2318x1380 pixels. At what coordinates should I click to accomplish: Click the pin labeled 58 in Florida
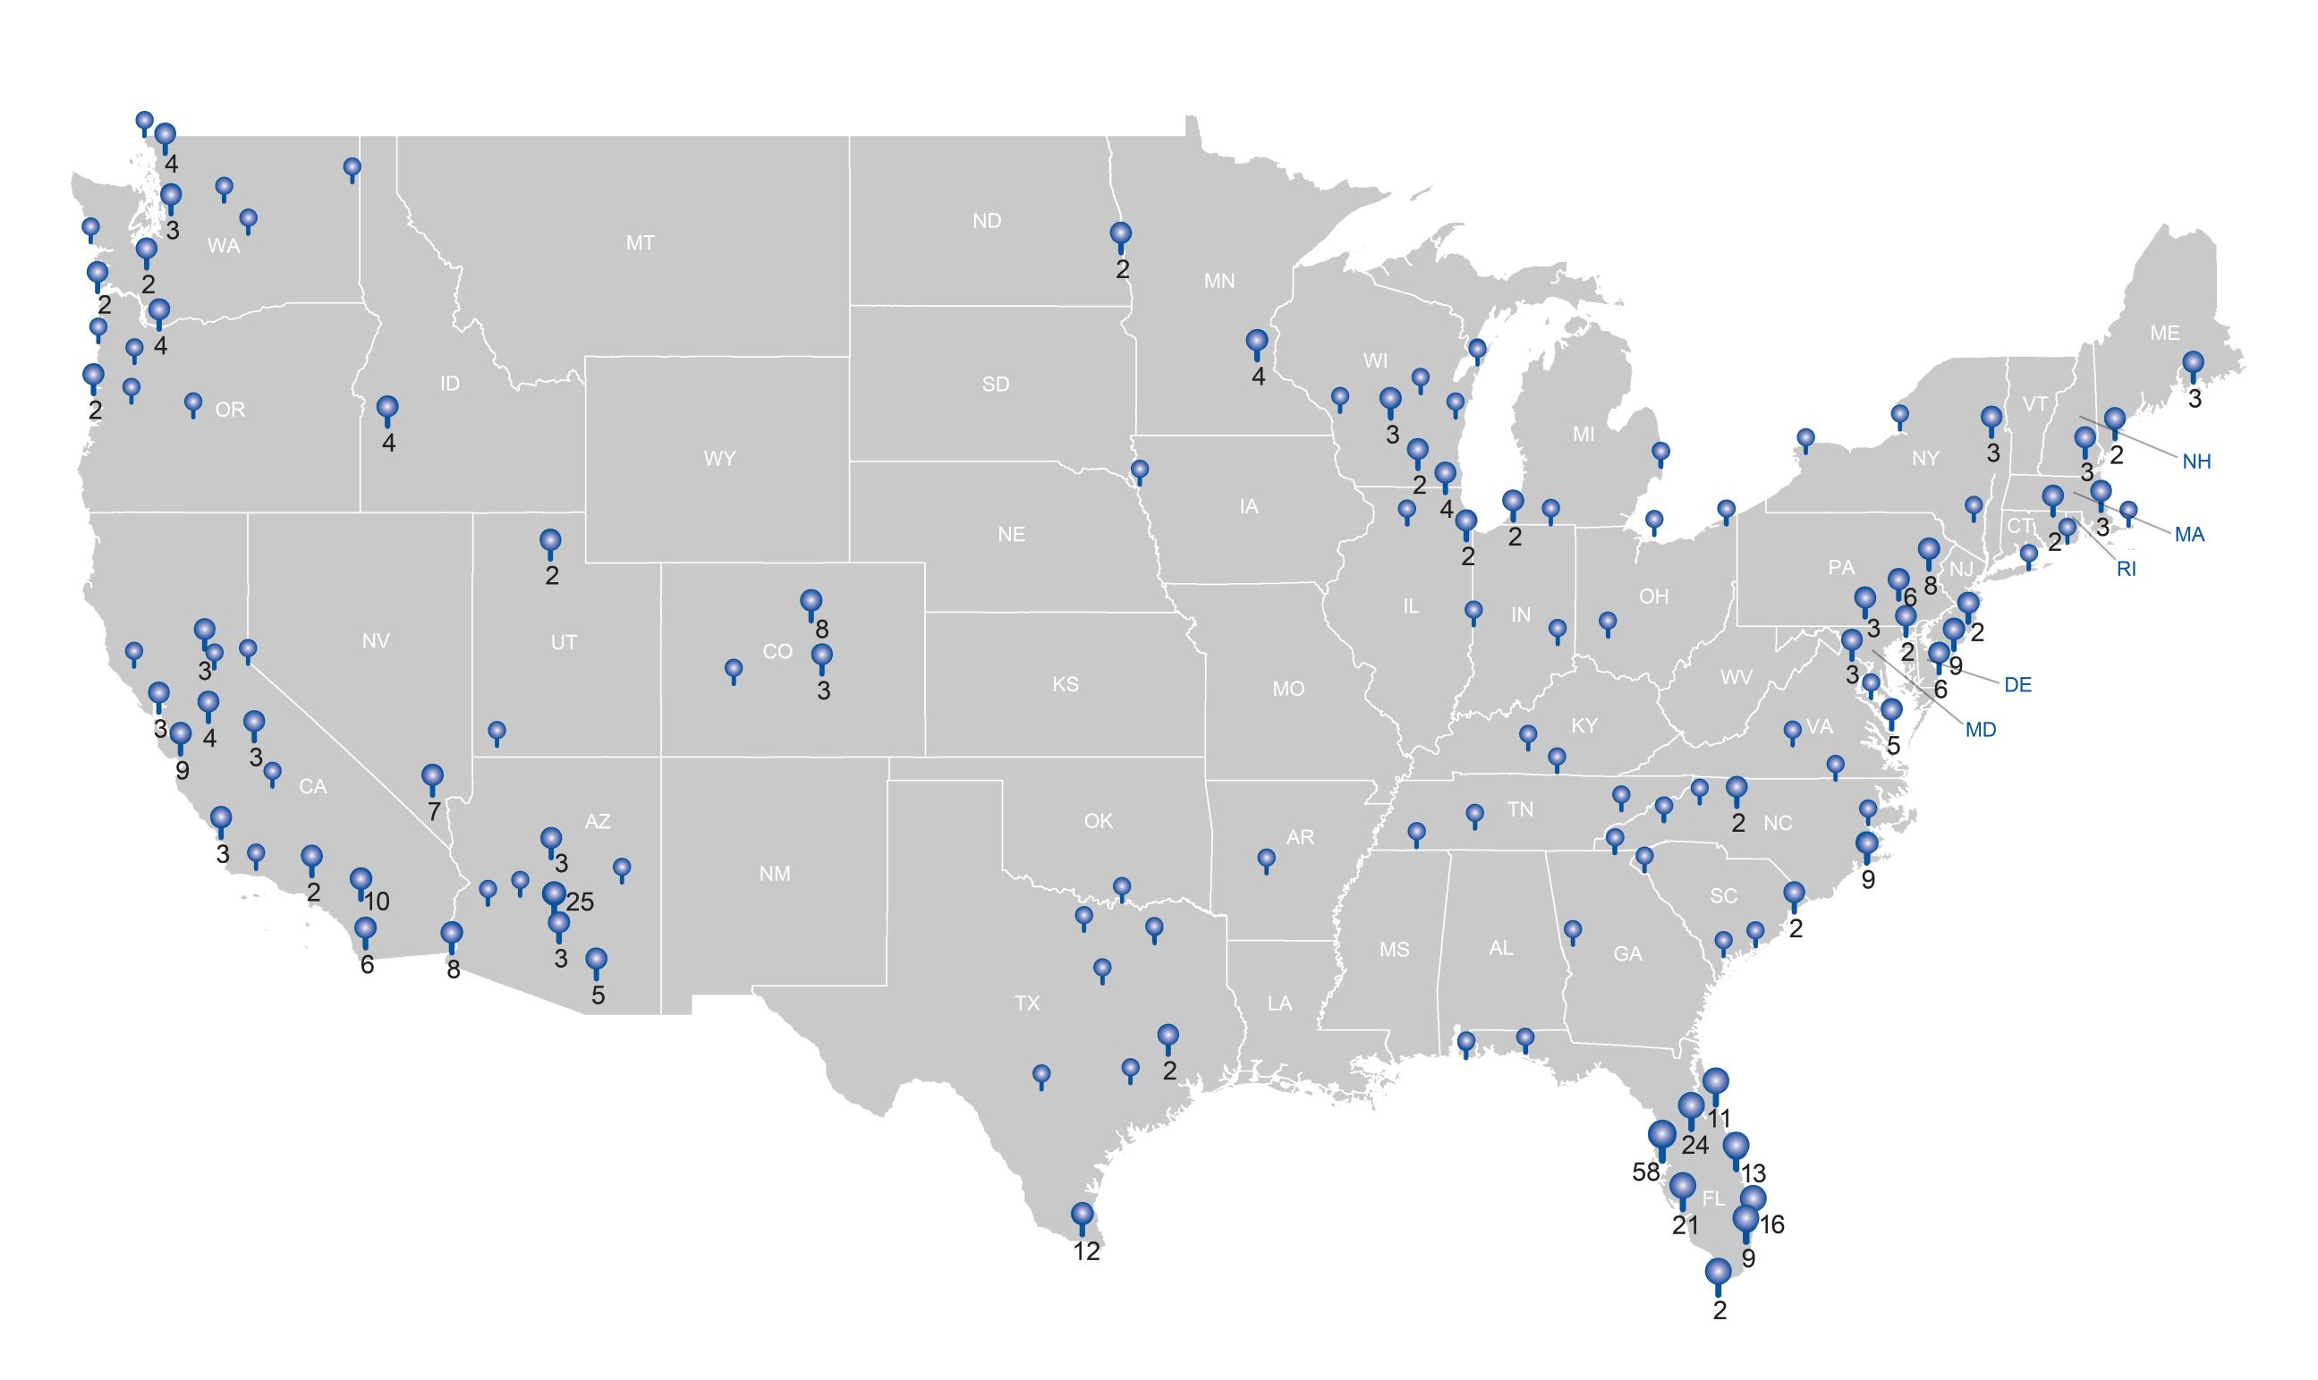1661,1137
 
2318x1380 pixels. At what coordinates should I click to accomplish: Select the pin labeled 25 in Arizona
555,895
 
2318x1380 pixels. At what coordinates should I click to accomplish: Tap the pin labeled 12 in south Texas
1082,1215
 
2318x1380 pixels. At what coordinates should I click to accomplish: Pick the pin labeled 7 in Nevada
432,775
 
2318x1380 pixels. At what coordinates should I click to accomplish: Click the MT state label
640,243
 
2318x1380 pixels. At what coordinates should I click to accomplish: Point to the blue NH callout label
2196,461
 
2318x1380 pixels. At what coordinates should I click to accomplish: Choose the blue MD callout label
1981,730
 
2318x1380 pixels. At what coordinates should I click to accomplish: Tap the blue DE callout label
2017,685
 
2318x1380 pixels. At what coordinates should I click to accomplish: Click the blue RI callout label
2127,569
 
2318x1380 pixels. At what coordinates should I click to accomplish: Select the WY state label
720,459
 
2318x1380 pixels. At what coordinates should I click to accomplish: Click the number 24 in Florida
1694,1145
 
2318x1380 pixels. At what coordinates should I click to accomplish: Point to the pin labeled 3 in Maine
2194,364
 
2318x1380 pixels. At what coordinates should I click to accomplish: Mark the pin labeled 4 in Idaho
388,408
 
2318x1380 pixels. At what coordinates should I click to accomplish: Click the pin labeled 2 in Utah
551,540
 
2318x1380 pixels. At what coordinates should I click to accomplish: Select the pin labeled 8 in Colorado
811,602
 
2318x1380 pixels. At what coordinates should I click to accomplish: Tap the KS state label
1065,684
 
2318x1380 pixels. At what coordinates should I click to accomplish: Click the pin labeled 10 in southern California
361,880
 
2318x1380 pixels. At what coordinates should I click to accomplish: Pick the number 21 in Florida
1685,1225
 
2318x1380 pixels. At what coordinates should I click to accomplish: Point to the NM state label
775,873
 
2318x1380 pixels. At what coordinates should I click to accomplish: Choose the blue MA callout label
2190,535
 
